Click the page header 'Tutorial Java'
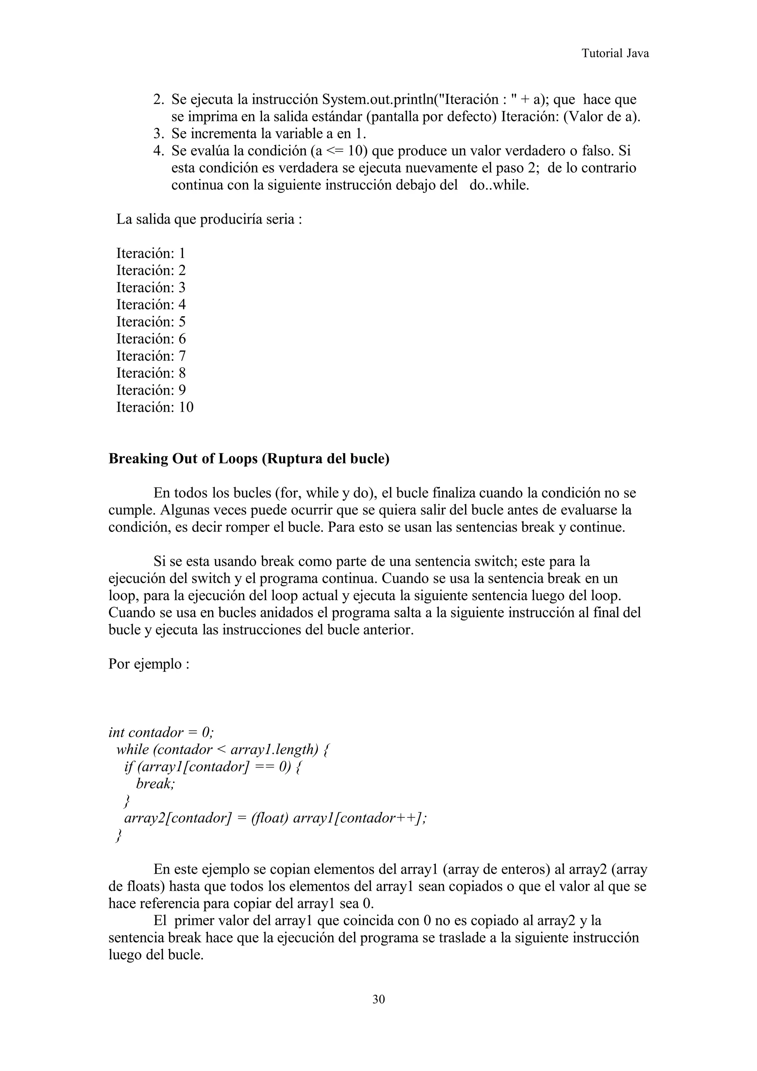coord(615,54)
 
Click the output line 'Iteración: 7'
coord(151,356)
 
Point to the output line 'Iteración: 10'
coord(155,408)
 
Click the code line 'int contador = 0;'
coord(161,732)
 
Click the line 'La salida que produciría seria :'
coord(209,219)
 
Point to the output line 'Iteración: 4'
coord(151,305)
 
